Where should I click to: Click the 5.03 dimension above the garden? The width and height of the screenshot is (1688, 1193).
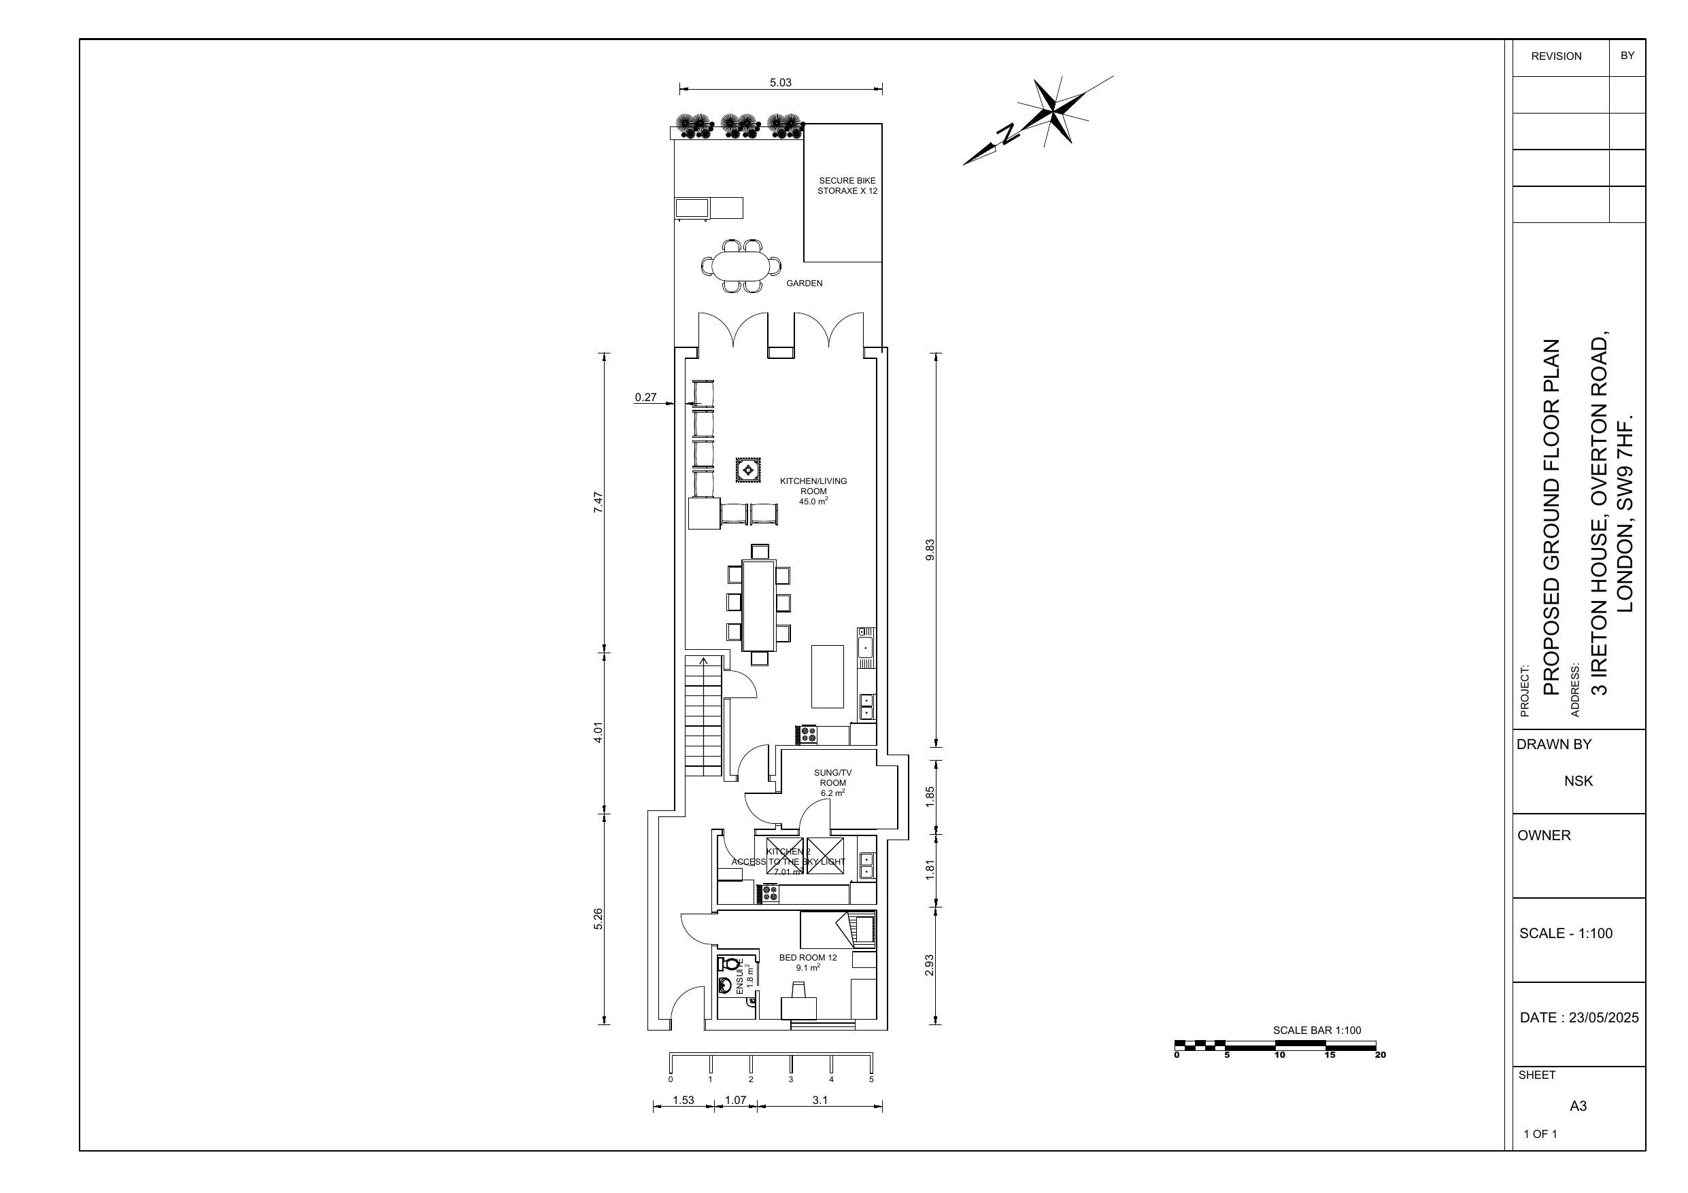pyautogui.click(x=780, y=82)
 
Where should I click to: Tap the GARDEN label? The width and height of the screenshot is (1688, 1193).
pyautogui.click(x=805, y=283)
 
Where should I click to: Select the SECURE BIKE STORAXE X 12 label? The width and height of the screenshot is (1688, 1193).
pyautogui.click(x=847, y=185)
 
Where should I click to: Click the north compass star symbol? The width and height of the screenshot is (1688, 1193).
pyautogui.click(x=1054, y=110)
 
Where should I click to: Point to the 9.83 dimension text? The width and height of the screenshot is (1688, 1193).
pyautogui.click(x=929, y=550)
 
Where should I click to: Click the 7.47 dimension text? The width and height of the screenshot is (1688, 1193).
pyautogui.click(x=598, y=502)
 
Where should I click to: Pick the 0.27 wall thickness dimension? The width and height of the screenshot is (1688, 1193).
pyautogui.click(x=645, y=398)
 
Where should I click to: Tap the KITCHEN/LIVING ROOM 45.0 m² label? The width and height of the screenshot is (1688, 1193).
pyautogui.click(x=813, y=491)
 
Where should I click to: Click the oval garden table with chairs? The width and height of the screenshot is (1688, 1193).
pyautogui.click(x=742, y=265)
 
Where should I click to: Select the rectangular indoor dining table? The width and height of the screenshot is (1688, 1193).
pyautogui.click(x=759, y=605)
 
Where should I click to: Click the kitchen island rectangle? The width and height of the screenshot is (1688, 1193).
pyautogui.click(x=827, y=676)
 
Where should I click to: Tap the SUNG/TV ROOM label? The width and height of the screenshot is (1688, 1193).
pyautogui.click(x=833, y=783)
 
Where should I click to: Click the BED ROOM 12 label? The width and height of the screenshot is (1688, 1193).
pyautogui.click(x=808, y=962)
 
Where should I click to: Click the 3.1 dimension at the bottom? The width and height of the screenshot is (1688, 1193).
pyautogui.click(x=820, y=1101)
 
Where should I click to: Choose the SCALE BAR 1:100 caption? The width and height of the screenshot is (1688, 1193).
pyautogui.click(x=1317, y=1030)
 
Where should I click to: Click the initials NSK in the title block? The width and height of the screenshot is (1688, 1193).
pyautogui.click(x=1579, y=780)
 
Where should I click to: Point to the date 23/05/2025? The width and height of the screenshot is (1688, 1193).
pyautogui.click(x=1579, y=1018)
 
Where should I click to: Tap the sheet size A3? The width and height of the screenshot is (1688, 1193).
pyautogui.click(x=1578, y=1105)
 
